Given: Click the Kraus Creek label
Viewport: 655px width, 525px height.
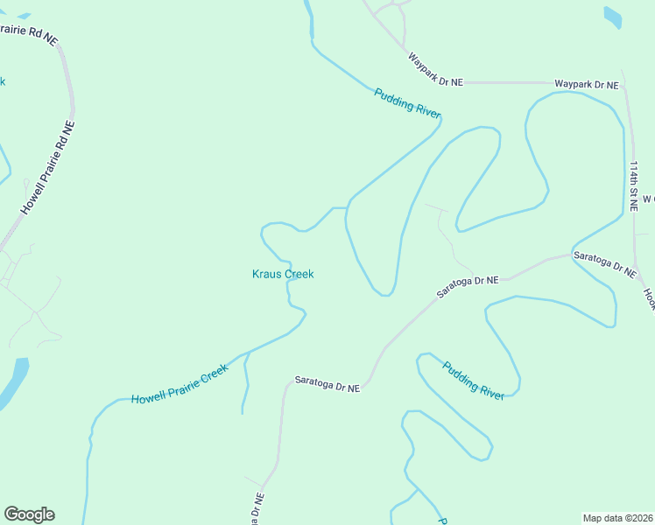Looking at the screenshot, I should [x=283, y=274].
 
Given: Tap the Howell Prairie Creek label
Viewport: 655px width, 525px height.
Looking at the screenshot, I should [x=180, y=384].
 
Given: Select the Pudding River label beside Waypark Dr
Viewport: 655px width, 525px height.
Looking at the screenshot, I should [x=407, y=104].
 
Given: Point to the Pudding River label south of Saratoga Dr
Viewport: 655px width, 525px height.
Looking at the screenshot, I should [x=474, y=380].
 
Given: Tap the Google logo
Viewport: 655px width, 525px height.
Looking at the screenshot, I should [x=29, y=514].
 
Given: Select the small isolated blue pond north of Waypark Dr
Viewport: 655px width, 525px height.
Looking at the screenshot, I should [x=613, y=16].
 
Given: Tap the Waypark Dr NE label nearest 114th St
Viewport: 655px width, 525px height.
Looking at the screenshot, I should [x=587, y=85].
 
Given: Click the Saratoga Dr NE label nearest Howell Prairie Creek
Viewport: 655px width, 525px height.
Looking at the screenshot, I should [x=327, y=382].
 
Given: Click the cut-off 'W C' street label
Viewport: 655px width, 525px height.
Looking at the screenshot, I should [x=648, y=199].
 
